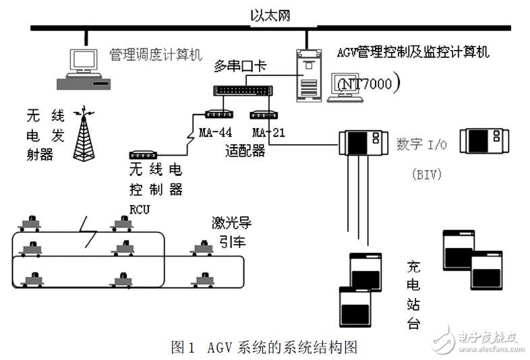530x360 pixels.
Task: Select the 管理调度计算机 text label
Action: (x=155, y=54)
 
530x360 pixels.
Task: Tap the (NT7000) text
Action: (x=368, y=83)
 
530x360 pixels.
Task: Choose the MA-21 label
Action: (x=268, y=131)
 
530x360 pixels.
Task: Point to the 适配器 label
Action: (x=244, y=151)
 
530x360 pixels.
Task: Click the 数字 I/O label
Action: (x=422, y=144)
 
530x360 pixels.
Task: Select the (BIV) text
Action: (x=425, y=175)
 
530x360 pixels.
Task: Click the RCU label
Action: (x=140, y=210)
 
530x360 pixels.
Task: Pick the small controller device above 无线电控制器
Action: (x=144, y=155)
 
